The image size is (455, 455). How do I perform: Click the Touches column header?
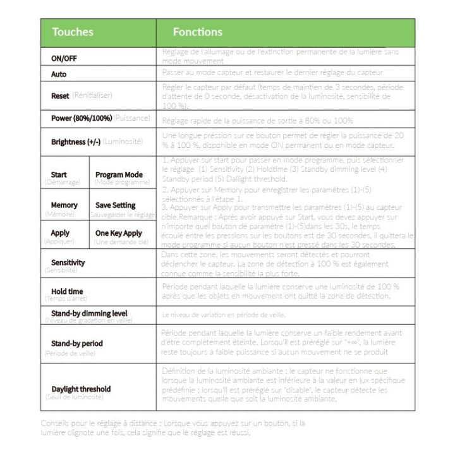tap(73, 32)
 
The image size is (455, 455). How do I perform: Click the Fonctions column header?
tap(198, 32)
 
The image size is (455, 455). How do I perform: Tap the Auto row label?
tap(59, 75)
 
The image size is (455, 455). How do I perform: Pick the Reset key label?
tap(60, 96)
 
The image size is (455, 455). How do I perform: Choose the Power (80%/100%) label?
tap(82, 118)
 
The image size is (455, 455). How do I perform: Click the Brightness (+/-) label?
tap(76, 142)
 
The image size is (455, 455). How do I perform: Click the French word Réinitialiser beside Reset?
tap(92, 96)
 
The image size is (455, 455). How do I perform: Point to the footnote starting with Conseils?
tap(173, 428)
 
